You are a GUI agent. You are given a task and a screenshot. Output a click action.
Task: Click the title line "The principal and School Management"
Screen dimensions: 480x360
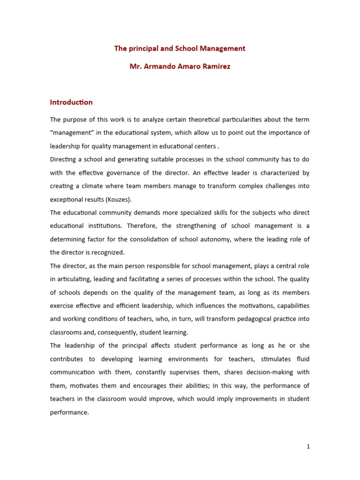pos(180,48)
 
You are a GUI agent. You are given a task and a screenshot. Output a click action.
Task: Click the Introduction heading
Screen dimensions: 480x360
pos(71,102)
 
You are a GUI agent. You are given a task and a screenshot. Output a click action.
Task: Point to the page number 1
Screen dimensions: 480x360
pos(308,447)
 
